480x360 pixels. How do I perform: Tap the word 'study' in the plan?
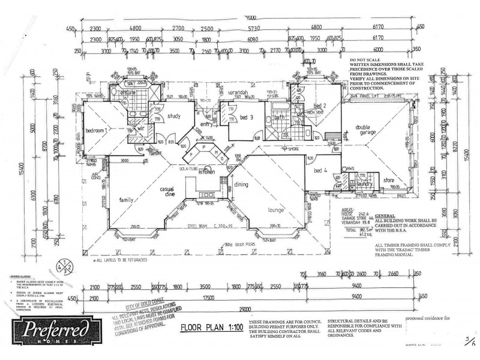point(175,116)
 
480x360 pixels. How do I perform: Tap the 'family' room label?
point(127,200)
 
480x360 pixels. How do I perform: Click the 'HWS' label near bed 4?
point(351,169)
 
